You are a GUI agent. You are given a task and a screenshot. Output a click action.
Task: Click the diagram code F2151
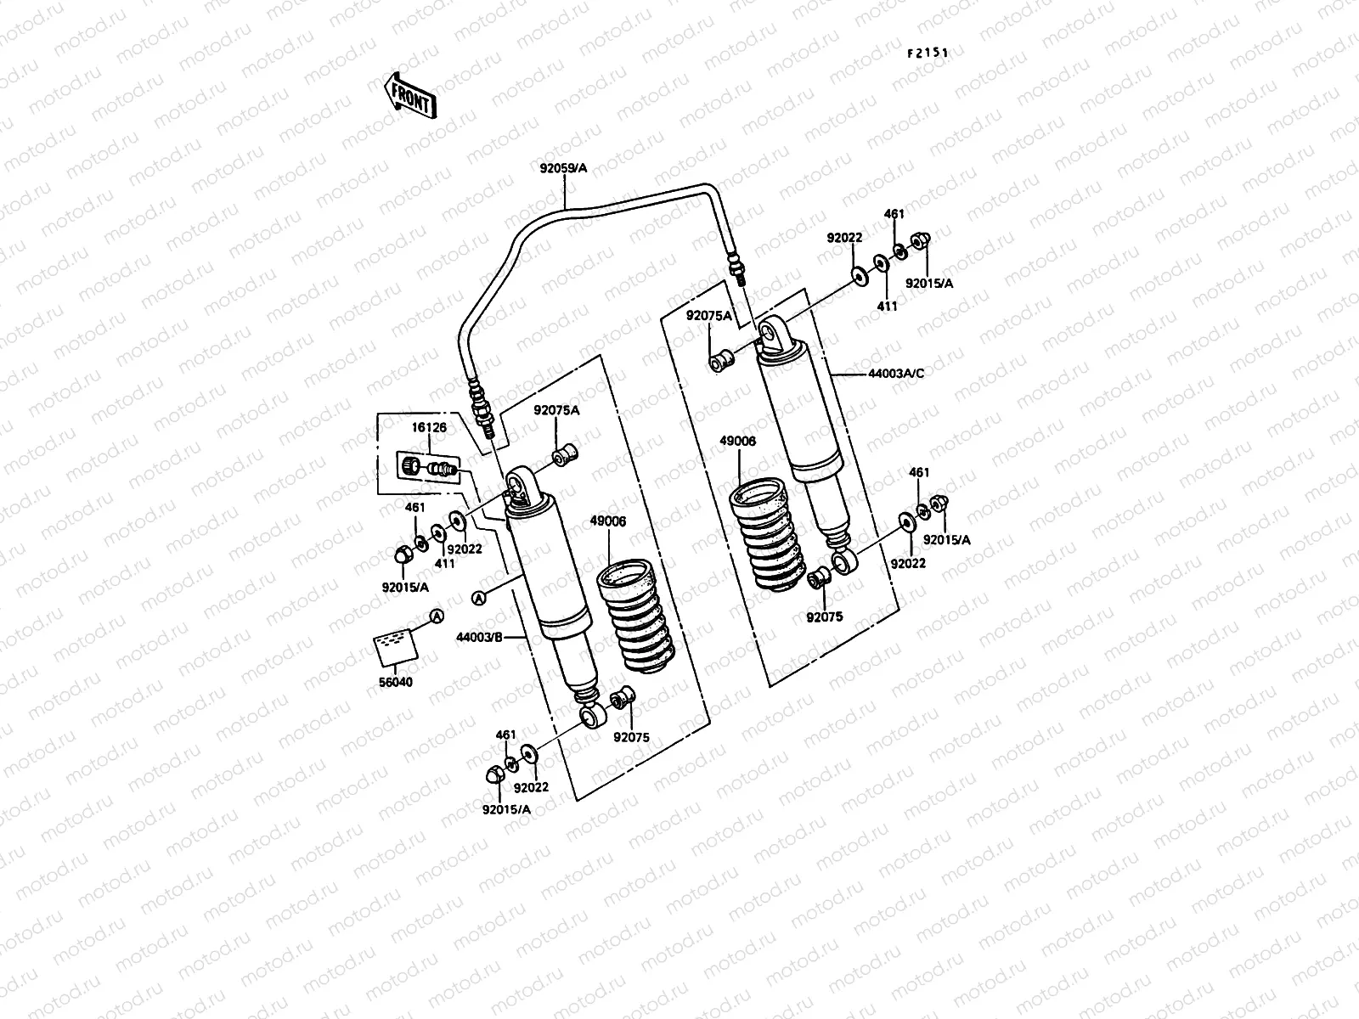coord(927,53)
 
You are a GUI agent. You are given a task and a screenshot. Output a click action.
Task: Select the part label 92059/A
coord(563,168)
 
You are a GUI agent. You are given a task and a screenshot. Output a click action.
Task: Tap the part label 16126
coord(429,427)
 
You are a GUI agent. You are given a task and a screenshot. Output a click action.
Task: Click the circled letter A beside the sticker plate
coord(435,616)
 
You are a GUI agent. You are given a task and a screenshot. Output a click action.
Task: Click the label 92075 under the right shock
coord(824,616)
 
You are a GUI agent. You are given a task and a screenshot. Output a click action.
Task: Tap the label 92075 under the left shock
coord(631,737)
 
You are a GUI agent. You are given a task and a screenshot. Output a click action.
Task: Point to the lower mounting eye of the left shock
coord(591,718)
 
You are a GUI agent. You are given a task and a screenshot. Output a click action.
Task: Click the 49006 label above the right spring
coord(737,442)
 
